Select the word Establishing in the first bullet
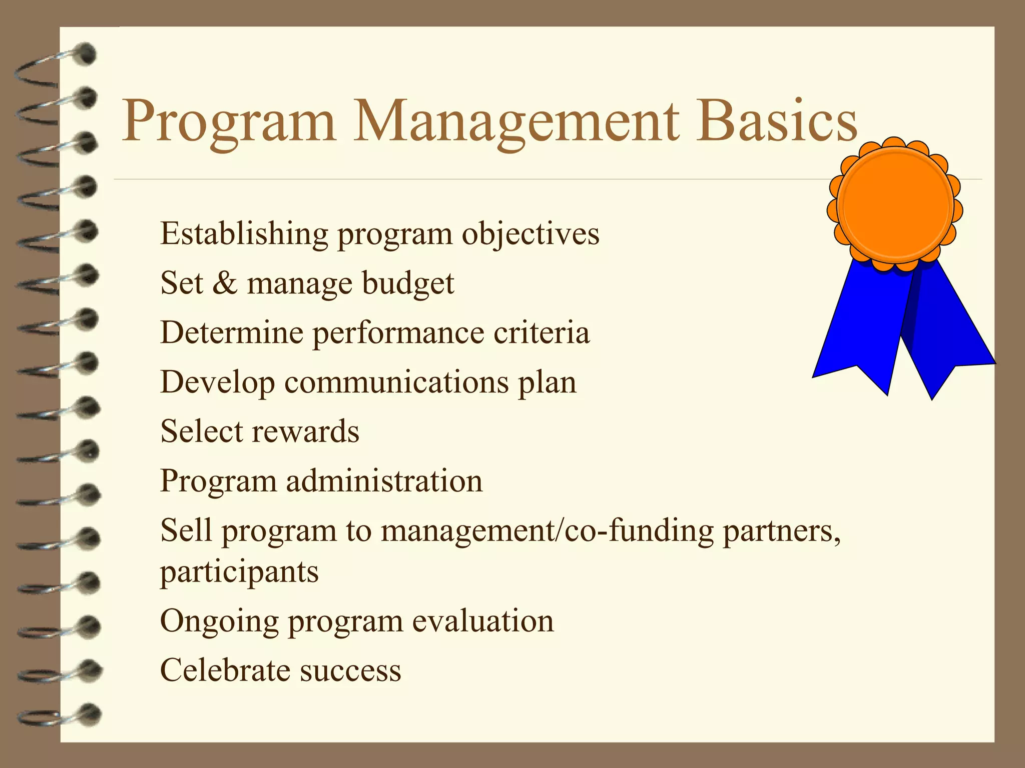(243, 233)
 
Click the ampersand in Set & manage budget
(225, 283)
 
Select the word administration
(384, 481)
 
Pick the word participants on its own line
(239, 572)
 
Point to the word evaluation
(483, 621)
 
